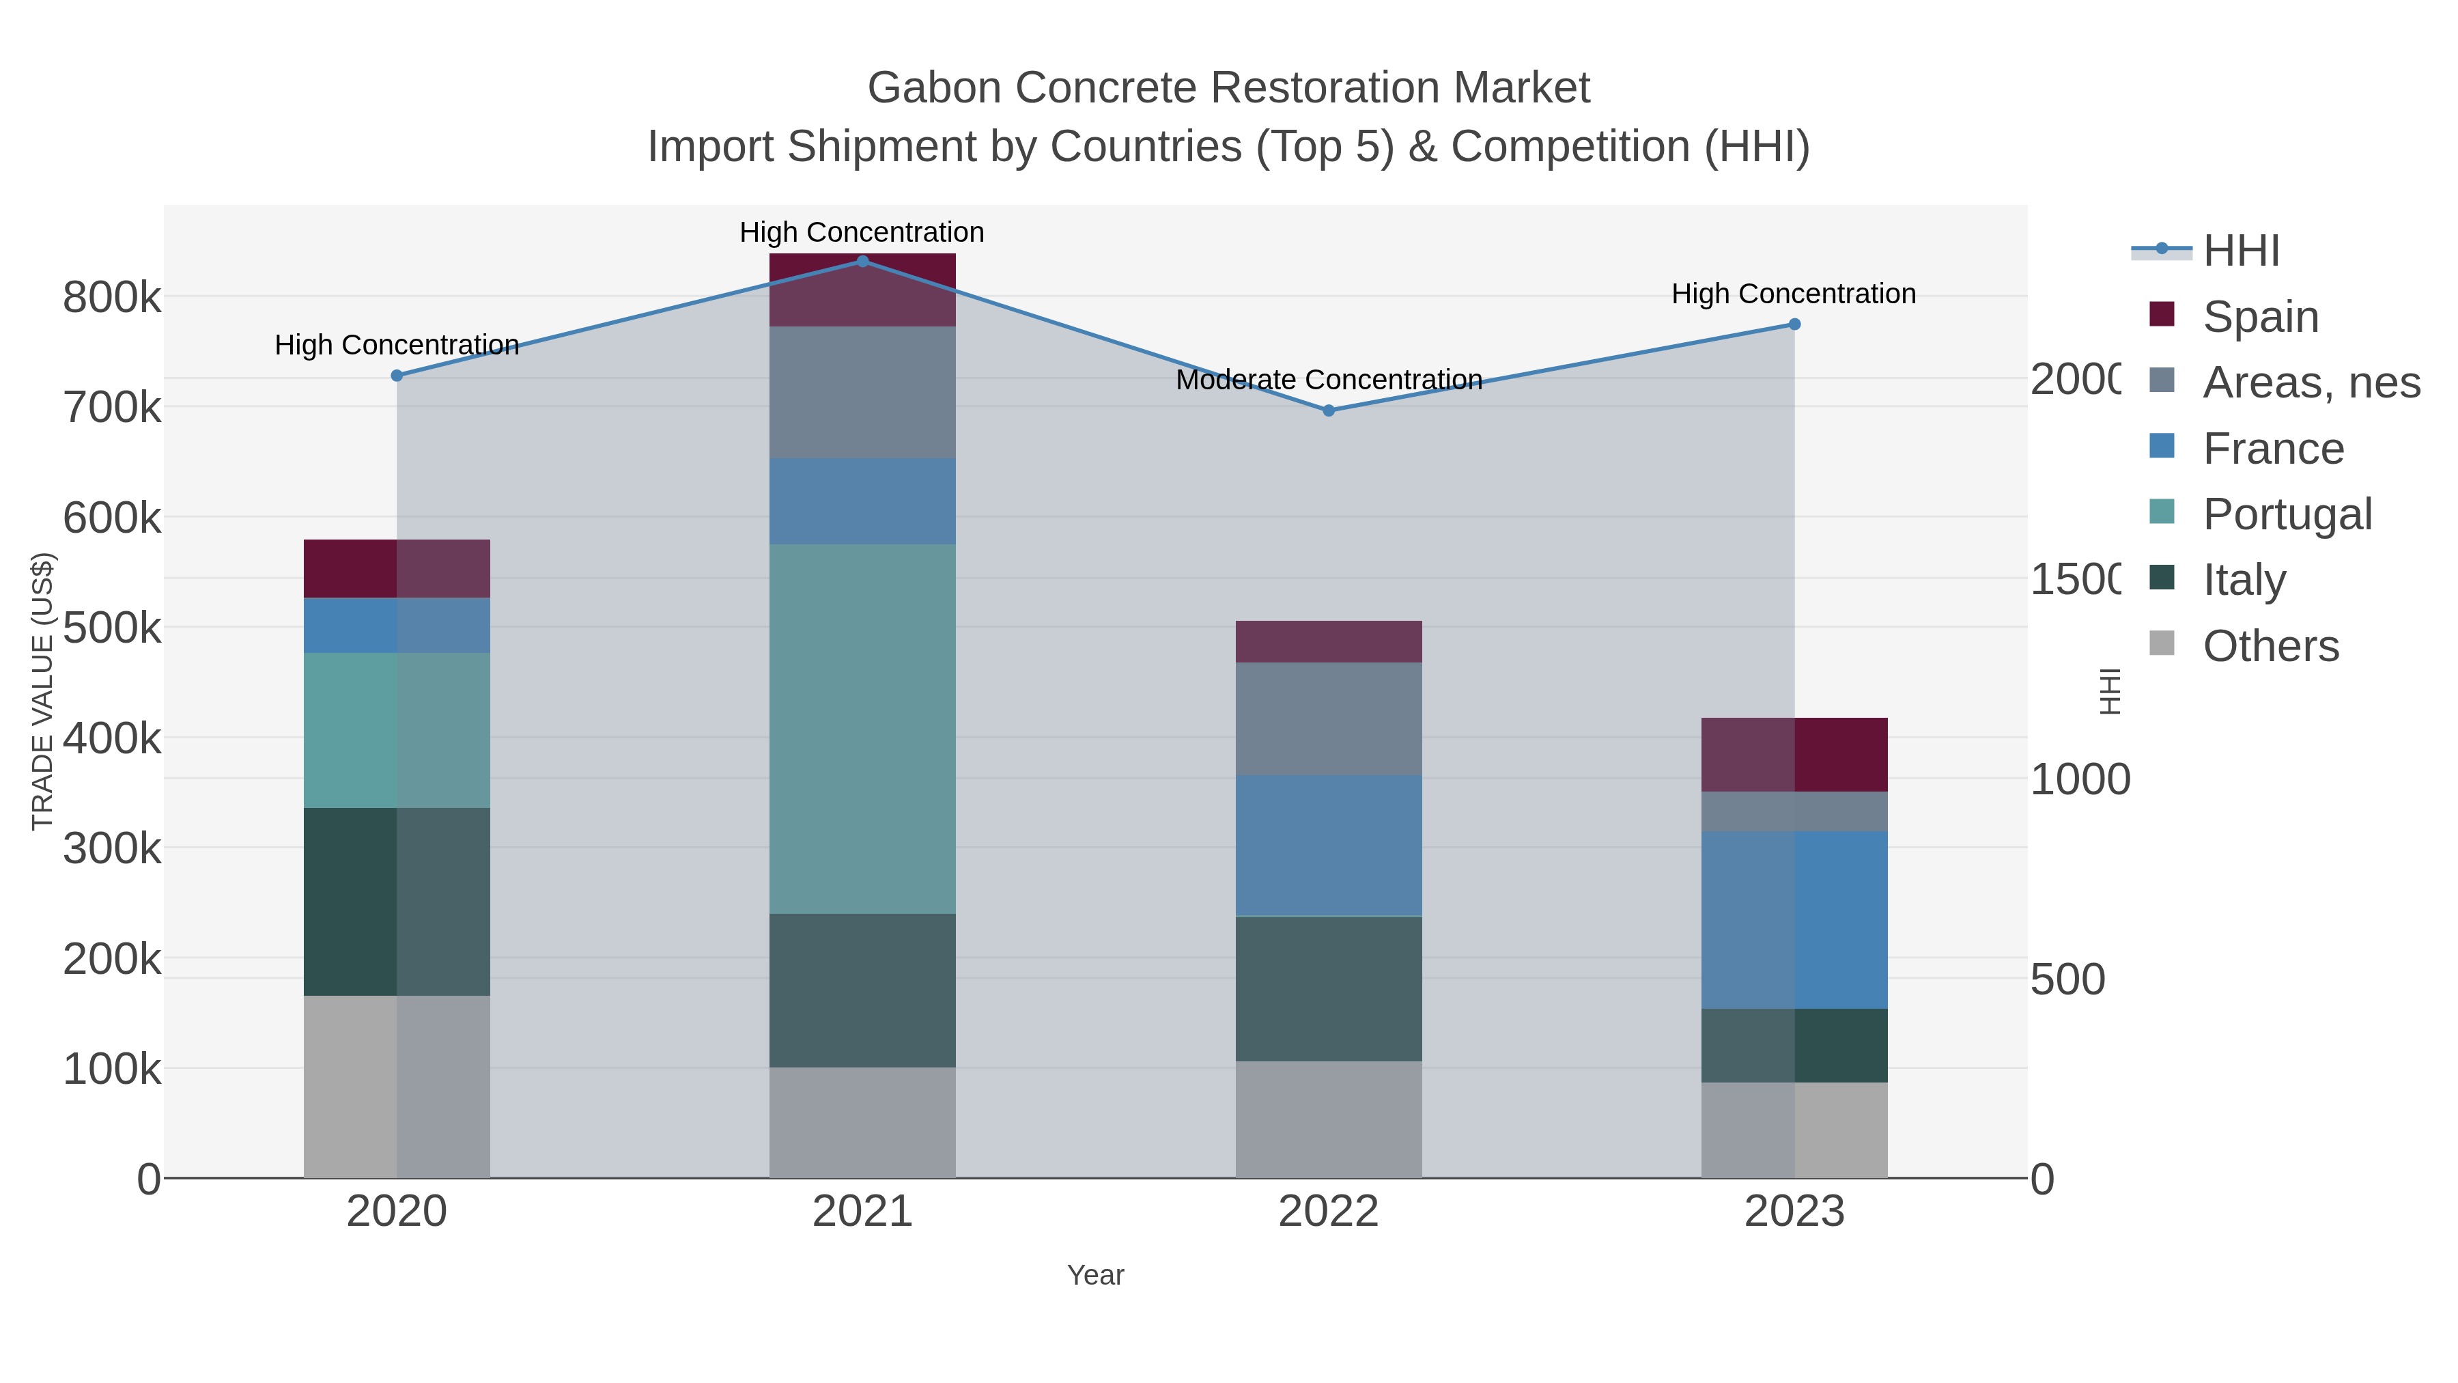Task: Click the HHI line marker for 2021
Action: point(862,262)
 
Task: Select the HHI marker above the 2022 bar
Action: point(1328,410)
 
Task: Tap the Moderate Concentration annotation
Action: point(1328,380)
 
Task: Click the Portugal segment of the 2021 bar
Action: point(862,729)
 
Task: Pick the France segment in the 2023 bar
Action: point(1794,920)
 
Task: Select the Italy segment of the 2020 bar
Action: point(396,902)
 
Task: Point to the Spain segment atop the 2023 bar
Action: point(1794,755)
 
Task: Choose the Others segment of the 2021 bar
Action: point(862,1122)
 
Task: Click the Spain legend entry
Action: point(2259,317)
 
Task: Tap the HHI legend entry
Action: point(2240,251)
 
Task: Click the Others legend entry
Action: point(2270,646)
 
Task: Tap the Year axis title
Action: point(1095,1275)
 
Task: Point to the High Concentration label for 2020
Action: point(396,345)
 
